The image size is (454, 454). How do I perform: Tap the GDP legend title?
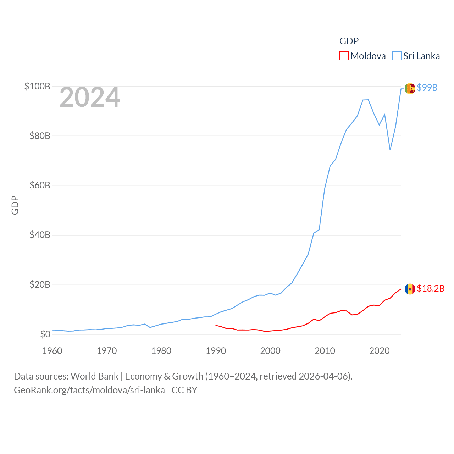349,41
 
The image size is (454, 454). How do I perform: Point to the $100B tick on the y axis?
37,86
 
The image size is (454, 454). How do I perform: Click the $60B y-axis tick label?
40,185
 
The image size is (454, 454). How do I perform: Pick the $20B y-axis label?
40,284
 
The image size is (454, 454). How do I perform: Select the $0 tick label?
45,334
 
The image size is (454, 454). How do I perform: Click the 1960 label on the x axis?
52,351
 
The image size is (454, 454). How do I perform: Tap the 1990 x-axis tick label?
216,351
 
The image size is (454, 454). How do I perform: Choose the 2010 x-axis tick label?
325,351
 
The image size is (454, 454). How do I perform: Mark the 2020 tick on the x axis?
380,351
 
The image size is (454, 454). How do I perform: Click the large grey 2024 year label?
90,97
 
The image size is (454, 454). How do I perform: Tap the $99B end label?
427,88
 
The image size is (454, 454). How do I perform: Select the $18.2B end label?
431,288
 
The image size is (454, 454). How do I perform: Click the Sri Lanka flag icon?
410,88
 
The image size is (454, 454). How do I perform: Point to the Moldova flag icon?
410,289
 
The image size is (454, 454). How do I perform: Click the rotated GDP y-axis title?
15,205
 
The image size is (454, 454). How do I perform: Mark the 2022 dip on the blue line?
390,150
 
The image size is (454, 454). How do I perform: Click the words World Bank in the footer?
94,376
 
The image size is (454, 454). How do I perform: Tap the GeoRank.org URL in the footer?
89,390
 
